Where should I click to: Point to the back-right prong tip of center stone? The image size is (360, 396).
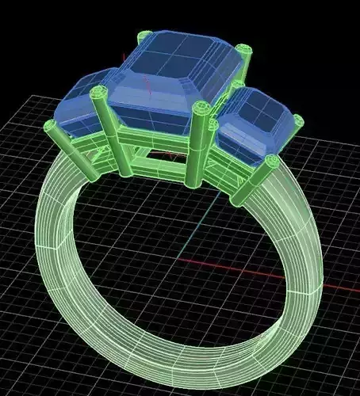coord(243,51)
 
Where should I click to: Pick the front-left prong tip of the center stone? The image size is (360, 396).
coord(99,93)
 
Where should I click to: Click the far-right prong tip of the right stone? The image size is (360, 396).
coord(297,121)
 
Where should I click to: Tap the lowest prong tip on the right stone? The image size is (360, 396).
coord(271,162)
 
